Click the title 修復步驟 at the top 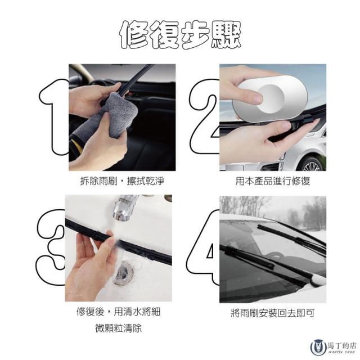(181, 35)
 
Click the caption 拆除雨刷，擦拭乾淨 (122, 181)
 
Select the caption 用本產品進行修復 (273, 181)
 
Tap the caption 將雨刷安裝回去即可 (272, 313)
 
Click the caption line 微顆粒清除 (119, 328)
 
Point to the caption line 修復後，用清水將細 (119, 312)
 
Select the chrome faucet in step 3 (124, 208)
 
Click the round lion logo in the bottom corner (318, 346)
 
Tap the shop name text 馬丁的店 (343, 345)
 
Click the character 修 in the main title (134, 35)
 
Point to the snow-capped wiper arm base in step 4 (318, 280)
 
